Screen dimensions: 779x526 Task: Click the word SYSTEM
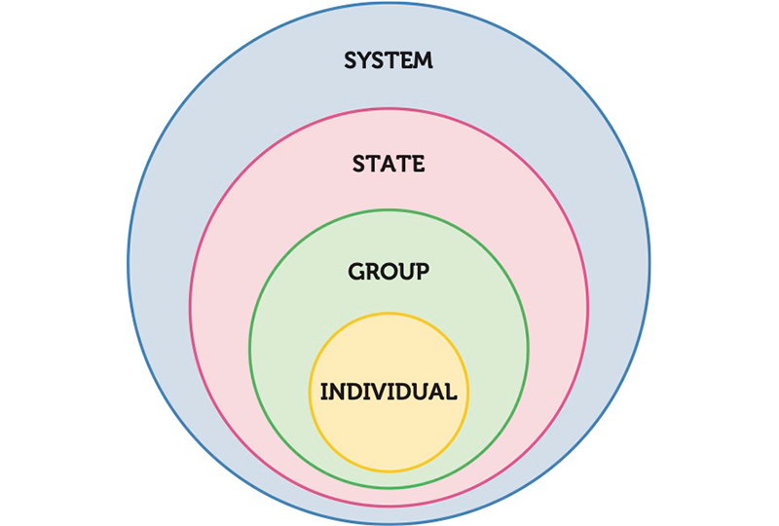(x=389, y=60)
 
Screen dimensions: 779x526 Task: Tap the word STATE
(x=389, y=164)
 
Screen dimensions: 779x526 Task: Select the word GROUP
(x=389, y=272)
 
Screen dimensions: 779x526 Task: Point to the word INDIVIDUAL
(x=389, y=392)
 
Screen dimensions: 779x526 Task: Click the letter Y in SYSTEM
(x=364, y=60)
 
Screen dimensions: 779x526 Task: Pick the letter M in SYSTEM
(x=423, y=60)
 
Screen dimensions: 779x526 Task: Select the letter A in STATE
(x=388, y=164)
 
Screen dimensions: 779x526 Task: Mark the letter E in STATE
(x=419, y=164)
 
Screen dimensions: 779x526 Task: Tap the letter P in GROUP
(x=423, y=272)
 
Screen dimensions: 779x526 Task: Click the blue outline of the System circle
(x=129, y=263)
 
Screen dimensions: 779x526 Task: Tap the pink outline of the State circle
(x=190, y=307)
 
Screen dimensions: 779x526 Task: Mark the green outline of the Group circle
(x=249, y=349)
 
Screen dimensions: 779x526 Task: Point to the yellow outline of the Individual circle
(x=310, y=393)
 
